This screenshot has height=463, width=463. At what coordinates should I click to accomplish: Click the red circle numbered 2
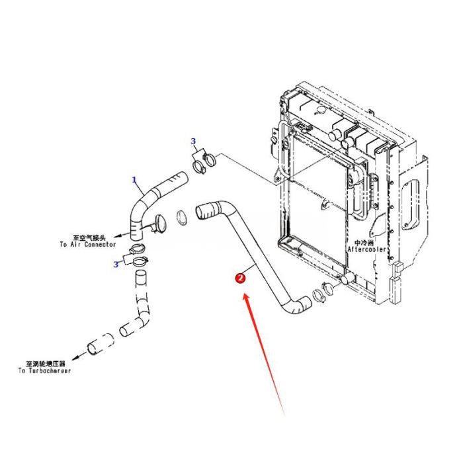tap(240, 278)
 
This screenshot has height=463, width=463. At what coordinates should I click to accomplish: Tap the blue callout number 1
tap(134, 179)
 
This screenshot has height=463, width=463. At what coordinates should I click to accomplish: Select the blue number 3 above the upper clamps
tap(193, 141)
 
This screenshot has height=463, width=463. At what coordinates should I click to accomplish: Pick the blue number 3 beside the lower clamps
tap(116, 265)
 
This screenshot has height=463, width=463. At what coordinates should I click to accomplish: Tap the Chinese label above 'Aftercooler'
tap(364, 242)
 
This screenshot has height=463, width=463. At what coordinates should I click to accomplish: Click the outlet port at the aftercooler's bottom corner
tap(343, 280)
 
